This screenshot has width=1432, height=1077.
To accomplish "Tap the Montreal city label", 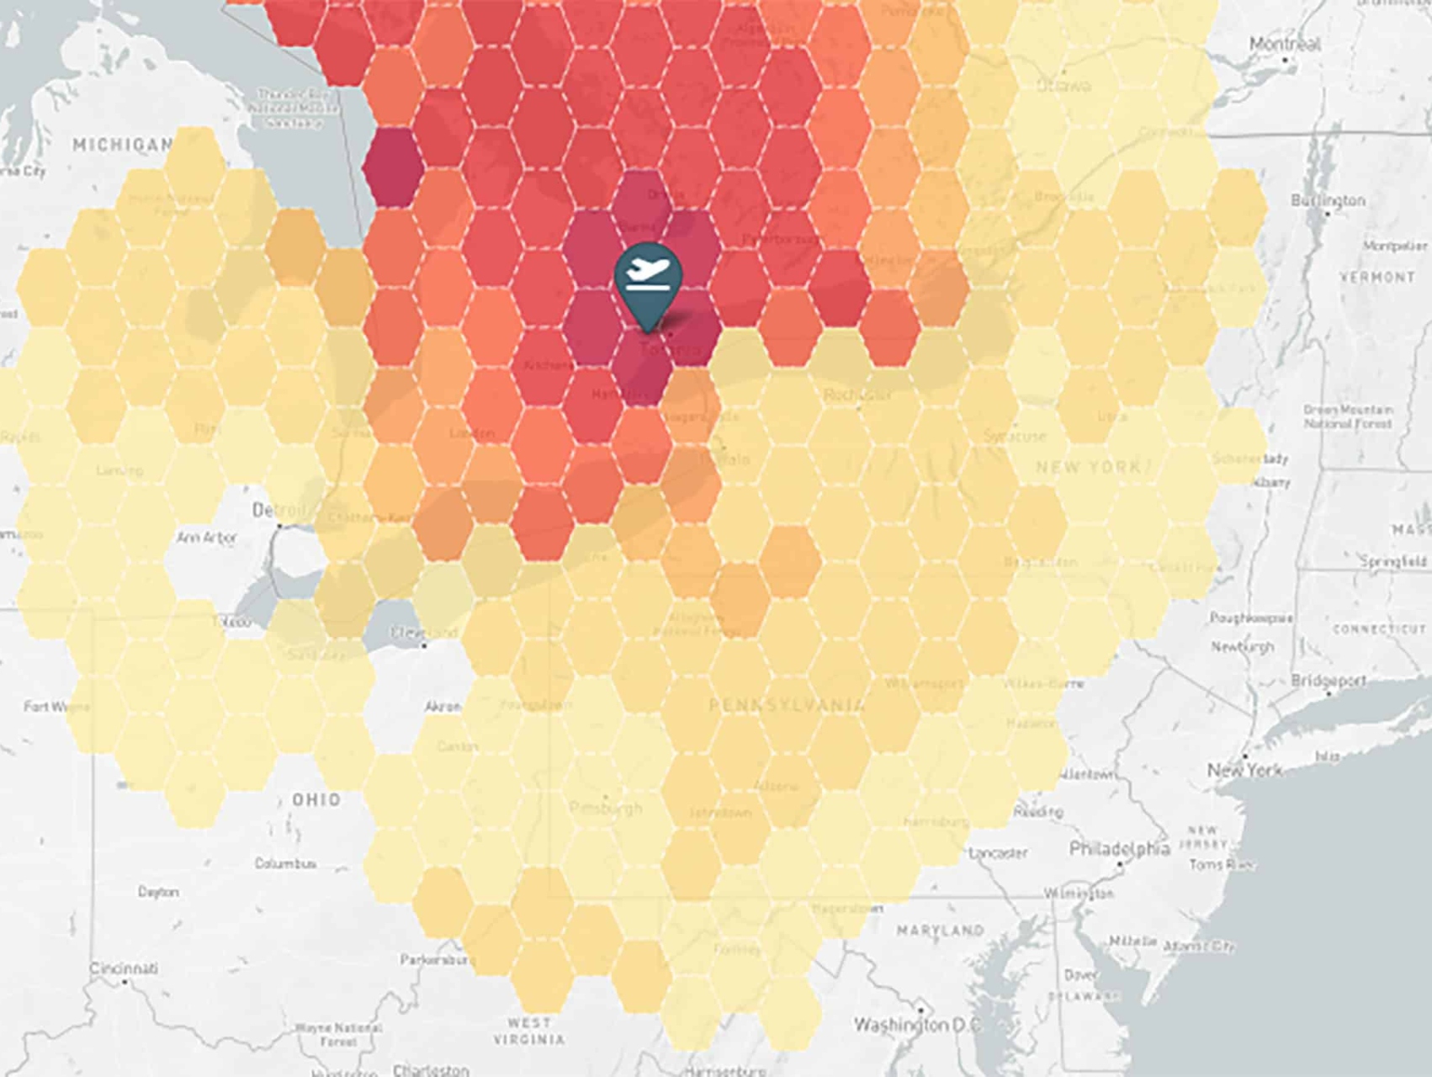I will coord(1284,45).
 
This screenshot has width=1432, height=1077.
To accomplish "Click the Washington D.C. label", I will coord(915,1025).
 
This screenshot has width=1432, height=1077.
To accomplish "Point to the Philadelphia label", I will coord(1119,849).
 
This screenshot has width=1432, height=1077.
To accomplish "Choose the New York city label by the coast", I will coord(1244,770).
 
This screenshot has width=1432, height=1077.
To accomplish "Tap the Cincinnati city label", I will coord(124,968).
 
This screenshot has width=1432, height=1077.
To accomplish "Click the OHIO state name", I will coord(316,799).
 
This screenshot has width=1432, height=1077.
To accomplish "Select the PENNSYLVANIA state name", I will coord(786,705).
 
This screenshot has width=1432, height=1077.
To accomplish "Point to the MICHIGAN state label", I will coord(123,145).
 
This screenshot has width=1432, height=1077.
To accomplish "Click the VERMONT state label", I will coord(1377,277).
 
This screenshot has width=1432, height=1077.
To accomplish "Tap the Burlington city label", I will coord(1328,200).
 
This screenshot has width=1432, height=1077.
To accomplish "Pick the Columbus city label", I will coord(286,864).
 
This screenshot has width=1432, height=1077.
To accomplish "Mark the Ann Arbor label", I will coord(207,537).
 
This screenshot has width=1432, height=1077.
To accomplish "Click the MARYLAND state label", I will coord(941,930).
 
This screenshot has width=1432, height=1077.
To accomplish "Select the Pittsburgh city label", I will coord(606,808).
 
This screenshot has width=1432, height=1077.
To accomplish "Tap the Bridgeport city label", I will coord(1329,680).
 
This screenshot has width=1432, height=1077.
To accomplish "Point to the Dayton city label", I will coord(158,891).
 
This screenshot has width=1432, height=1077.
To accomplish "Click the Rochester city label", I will coord(857,395).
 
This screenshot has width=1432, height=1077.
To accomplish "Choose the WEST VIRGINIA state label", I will coord(529,1031).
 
